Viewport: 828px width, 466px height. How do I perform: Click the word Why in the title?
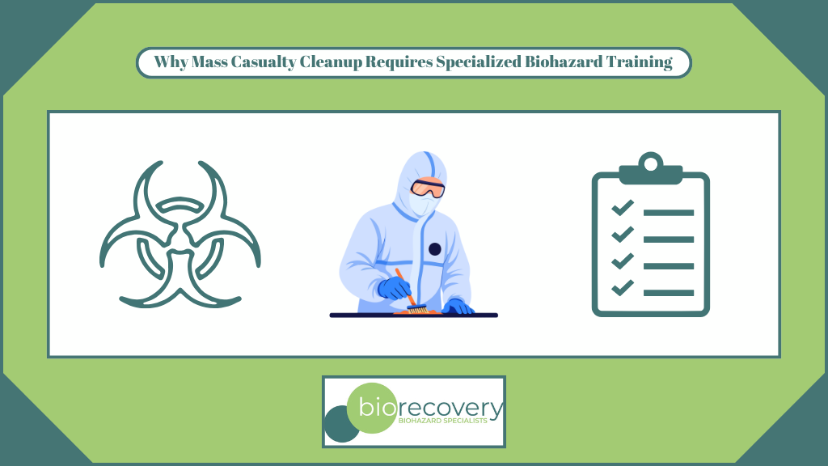click(x=170, y=63)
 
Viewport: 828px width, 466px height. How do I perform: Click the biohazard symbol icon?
click(x=180, y=234)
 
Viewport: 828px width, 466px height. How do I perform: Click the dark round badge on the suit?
click(x=435, y=249)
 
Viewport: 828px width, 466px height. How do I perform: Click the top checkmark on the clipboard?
click(x=622, y=209)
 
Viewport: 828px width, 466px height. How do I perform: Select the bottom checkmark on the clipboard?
click(x=622, y=287)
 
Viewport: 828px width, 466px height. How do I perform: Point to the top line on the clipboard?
click(x=668, y=213)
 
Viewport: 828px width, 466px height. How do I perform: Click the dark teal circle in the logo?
click(x=340, y=425)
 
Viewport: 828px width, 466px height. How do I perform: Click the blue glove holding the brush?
click(x=395, y=288)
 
